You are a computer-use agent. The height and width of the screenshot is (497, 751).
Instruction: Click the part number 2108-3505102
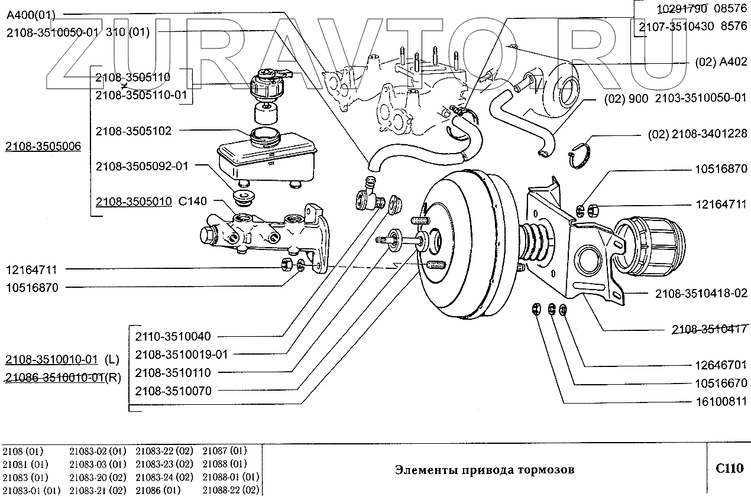pos(133,131)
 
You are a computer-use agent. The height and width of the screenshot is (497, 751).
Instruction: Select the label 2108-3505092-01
pos(141,167)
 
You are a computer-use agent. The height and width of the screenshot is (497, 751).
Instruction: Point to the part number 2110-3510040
pos(173,337)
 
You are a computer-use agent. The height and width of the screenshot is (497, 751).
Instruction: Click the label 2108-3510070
pos(173,391)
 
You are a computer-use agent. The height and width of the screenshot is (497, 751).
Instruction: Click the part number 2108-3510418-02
pos(701,293)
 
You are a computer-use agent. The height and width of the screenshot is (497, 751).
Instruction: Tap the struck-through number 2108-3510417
pos(710,330)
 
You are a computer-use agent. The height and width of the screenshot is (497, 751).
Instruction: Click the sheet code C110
pos(729,469)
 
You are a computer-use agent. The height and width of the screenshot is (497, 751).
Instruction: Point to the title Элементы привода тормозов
pos(484,470)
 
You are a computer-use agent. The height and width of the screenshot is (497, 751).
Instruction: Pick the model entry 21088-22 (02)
pos(231,490)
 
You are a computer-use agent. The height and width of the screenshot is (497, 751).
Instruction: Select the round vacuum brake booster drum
pos(467,242)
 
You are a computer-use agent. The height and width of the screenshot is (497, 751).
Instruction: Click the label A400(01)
pos(31,14)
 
